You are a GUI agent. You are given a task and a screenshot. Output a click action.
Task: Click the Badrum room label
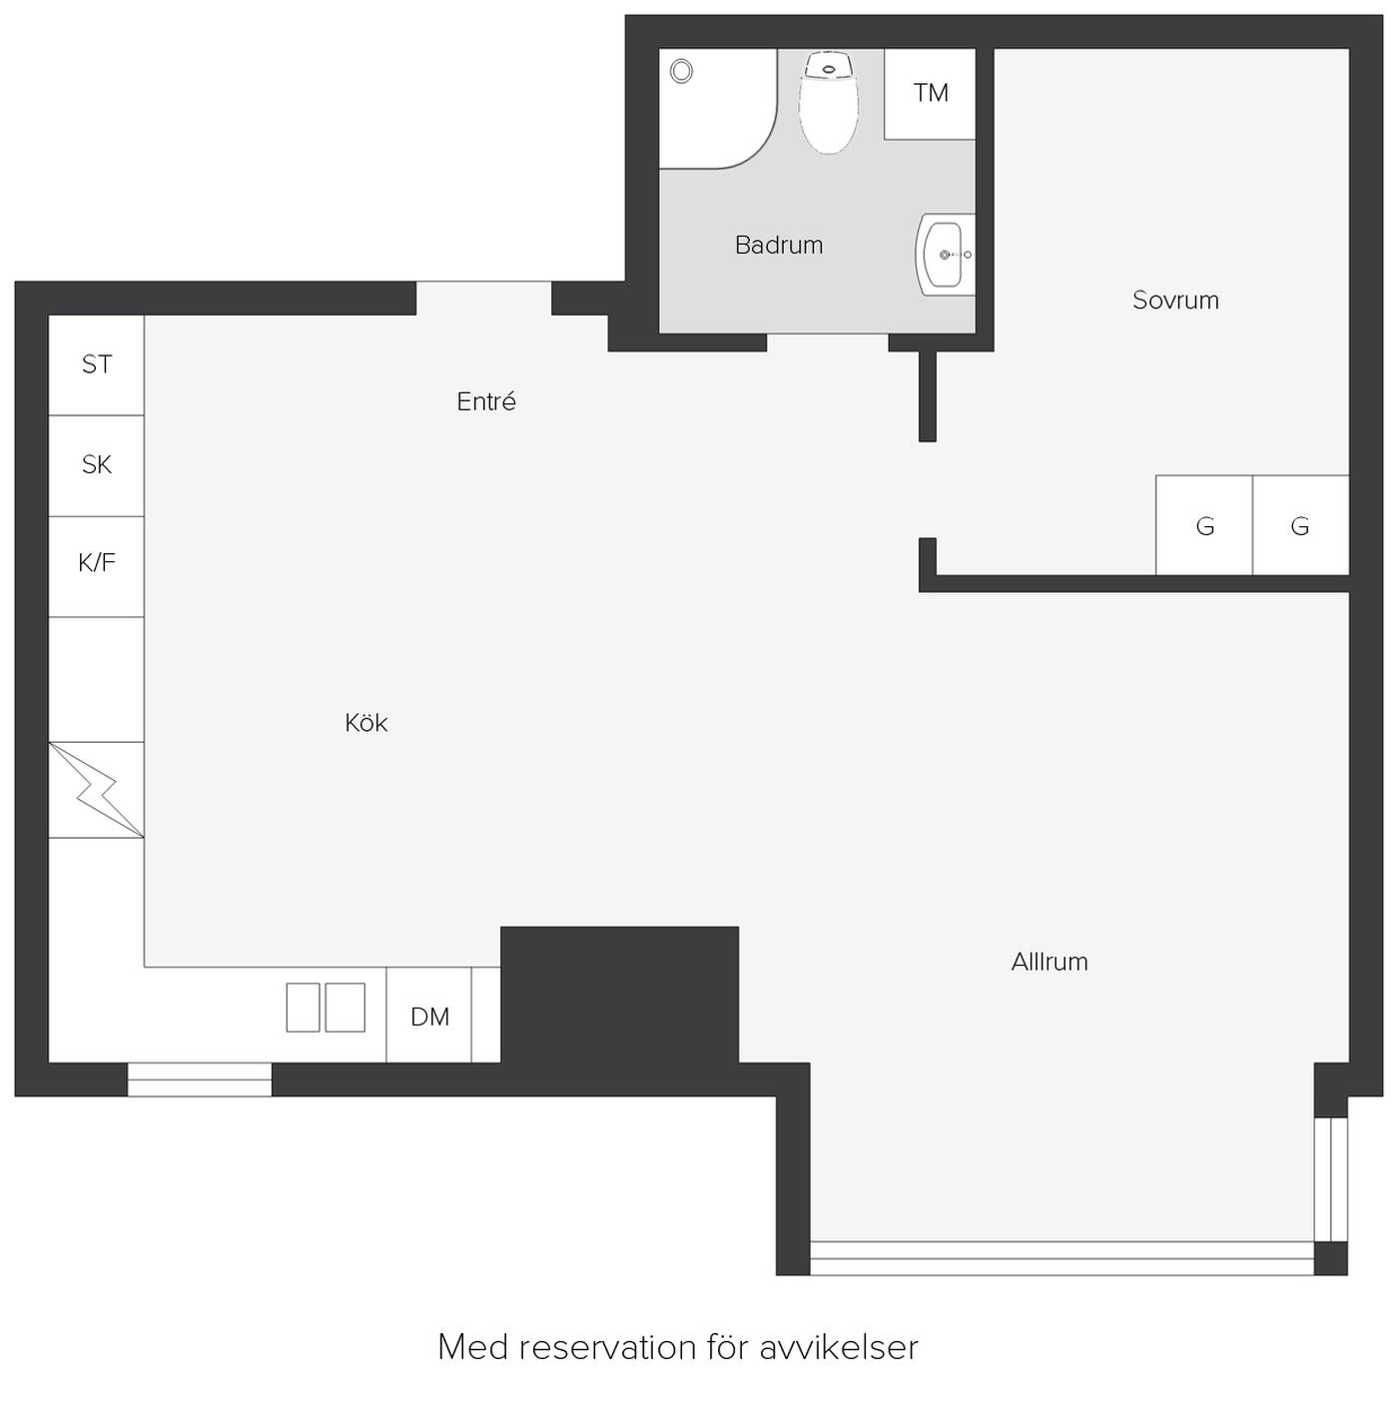[778, 246]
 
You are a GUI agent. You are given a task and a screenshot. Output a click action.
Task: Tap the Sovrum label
[1175, 300]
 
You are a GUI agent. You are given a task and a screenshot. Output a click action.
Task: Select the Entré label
[486, 401]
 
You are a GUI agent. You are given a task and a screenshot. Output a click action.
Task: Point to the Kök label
[365, 722]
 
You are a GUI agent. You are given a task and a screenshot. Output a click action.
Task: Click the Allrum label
[1049, 962]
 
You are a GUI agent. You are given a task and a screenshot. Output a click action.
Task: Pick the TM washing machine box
[930, 94]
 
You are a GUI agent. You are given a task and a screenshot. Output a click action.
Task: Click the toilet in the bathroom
[829, 102]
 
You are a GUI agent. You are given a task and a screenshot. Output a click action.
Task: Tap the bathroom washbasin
[945, 254]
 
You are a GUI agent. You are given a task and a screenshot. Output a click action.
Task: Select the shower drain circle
[681, 71]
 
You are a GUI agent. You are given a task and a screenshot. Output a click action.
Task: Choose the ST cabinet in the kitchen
[96, 364]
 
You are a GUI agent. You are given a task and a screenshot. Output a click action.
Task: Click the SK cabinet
[96, 466]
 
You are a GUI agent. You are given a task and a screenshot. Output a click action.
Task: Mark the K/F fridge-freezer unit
[96, 566]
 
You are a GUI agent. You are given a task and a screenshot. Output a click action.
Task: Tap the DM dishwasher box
[428, 1015]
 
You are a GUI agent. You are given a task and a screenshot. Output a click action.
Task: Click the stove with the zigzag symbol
[96, 789]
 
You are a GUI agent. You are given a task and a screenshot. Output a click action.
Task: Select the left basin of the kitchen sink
[303, 1007]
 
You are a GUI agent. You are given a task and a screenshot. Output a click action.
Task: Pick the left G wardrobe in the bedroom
[1204, 525]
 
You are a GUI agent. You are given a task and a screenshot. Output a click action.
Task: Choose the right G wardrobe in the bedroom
[1301, 525]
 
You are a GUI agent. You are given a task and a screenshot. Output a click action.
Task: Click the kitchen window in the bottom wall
[200, 1079]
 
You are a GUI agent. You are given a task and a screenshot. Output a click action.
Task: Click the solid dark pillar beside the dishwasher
[620, 995]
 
